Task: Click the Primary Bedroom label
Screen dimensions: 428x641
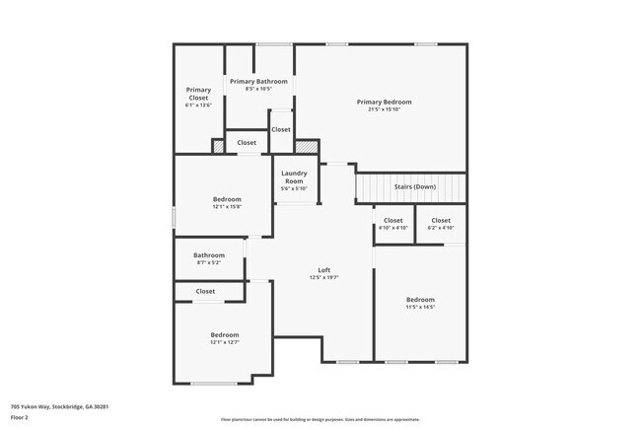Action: click(x=384, y=102)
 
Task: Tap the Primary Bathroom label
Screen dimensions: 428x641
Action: click(x=258, y=81)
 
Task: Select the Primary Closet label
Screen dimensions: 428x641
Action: click(x=198, y=94)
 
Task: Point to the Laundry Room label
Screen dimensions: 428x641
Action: click(x=294, y=178)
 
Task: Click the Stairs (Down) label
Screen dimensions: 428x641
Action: click(x=414, y=186)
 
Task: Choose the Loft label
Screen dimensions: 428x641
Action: click(x=323, y=270)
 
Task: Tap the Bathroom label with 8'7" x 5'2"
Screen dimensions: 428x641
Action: click(x=208, y=255)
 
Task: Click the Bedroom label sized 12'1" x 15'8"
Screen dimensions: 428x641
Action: click(x=227, y=199)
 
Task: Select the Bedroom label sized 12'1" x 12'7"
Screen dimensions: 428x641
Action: click(x=224, y=335)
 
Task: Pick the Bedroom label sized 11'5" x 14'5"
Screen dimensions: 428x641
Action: click(x=420, y=300)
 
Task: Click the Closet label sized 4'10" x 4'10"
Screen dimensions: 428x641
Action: click(x=392, y=220)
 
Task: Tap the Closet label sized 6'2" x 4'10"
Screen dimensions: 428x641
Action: click(x=440, y=220)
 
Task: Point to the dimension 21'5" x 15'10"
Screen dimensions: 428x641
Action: click(x=384, y=108)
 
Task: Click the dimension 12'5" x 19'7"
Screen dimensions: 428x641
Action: click(x=323, y=277)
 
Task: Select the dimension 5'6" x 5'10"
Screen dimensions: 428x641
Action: click(x=294, y=188)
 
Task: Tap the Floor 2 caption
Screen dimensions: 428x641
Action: click(x=20, y=417)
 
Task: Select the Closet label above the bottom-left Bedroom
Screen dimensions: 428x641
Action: click(x=205, y=291)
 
